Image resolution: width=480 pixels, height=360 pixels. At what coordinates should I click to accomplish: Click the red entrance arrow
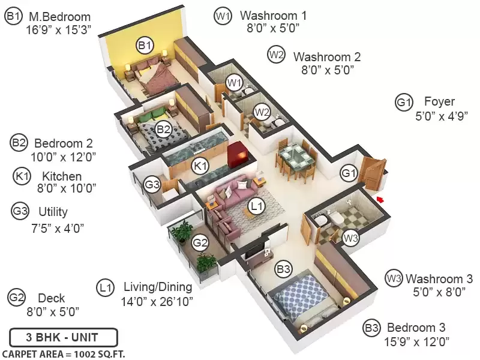click(x=380, y=200)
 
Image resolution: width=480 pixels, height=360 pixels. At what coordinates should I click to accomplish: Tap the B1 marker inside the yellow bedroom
click(x=145, y=46)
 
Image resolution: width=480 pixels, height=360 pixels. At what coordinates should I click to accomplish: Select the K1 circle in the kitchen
click(x=200, y=166)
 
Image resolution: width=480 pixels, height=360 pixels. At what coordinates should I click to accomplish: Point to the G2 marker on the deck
click(x=200, y=243)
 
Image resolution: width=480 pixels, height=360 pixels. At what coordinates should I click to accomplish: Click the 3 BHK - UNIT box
click(x=64, y=337)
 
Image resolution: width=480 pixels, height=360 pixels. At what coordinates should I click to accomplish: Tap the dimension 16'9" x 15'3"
click(x=58, y=30)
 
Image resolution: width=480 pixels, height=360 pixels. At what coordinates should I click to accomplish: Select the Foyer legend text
click(x=439, y=101)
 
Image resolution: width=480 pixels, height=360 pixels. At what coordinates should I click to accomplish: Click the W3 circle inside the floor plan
click(x=350, y=238)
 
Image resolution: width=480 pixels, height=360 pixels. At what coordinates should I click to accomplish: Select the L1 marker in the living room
click(x=257, y=206)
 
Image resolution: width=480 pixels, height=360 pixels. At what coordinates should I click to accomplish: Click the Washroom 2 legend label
click(x=327, y=57)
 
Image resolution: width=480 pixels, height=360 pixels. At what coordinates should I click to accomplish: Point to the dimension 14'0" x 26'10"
click(x=157, y=302)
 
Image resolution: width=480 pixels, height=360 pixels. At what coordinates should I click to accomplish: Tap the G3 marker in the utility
click(x=152, y=184)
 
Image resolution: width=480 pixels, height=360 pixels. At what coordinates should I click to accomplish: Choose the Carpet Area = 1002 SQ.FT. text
click(x=64, y=354)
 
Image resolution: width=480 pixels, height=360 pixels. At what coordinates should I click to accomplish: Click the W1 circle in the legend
click(x=223, y=16)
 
